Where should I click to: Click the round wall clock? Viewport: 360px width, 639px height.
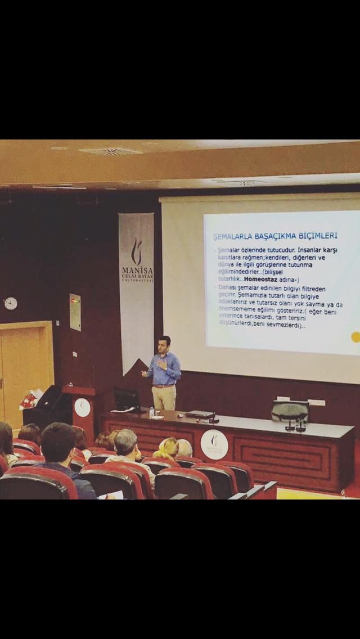pos(10,303)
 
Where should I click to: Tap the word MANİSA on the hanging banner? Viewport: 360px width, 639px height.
pos(137,270)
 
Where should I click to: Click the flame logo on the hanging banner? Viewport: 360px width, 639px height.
pos(136,251)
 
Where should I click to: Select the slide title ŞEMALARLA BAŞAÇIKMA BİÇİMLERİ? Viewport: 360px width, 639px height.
pos(275,236)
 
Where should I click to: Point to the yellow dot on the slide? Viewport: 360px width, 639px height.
pos(355,337)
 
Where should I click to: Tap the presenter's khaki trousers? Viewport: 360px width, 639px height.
pos(164,397)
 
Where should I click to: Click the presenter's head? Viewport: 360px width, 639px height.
pos(164,342)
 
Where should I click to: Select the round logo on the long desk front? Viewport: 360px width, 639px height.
pos(214,444)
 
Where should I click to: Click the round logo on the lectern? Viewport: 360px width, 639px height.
pos(82,407)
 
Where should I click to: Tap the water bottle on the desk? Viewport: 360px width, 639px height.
pos(151,412)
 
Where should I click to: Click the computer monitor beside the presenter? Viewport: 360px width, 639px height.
pos(126,399)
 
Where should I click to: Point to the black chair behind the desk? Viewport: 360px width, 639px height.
pos(290,411)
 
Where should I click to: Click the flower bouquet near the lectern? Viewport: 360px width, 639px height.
pos(29,399)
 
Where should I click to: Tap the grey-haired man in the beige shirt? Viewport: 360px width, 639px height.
pos(128,447)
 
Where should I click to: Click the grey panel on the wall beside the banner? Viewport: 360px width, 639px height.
pos(75,312)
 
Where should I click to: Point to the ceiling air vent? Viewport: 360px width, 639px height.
pos(110,151)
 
